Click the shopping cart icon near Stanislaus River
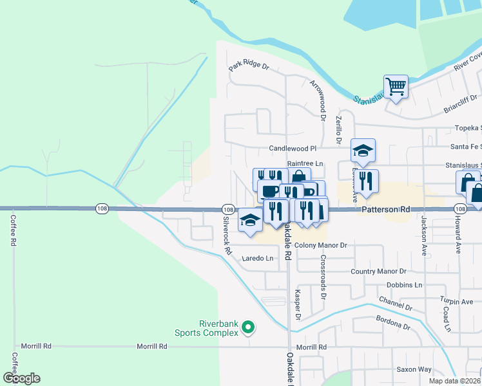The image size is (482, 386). [396, 86]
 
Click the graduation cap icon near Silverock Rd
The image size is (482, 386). [250, 220]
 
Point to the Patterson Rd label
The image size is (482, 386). [386, 210]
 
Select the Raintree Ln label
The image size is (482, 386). [305, 164]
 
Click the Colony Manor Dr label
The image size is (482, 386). [320, 245]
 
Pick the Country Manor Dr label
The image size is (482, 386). [378, 271]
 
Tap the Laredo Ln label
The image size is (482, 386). [258, 259]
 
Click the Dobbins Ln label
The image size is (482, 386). [404, 284]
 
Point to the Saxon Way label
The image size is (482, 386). [414, 369]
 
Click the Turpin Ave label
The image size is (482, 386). [457, 301]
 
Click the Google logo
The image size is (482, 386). [21, 378]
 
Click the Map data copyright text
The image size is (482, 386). [454, 381]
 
